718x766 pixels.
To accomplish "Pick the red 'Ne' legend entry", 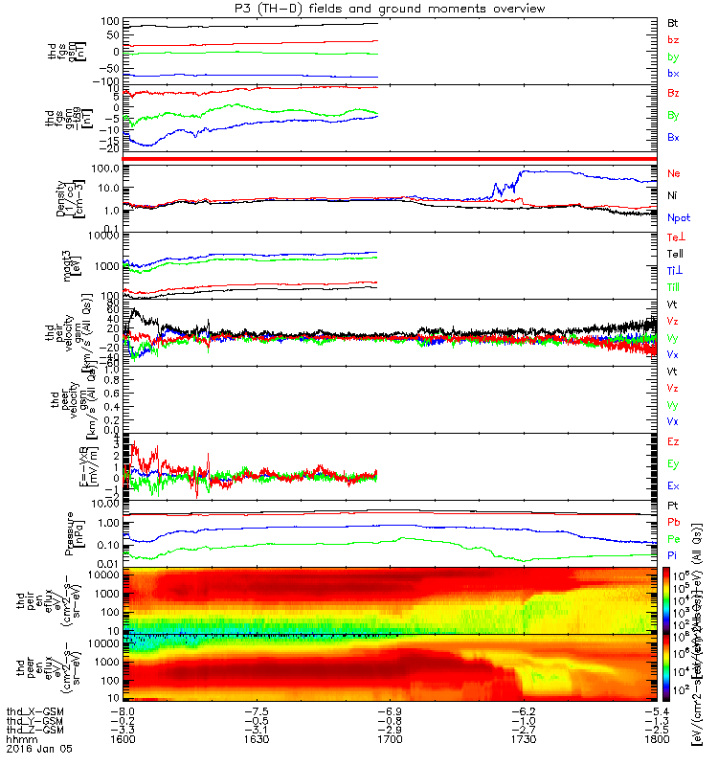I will point(674,173).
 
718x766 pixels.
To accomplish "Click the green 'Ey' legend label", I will point(674,464).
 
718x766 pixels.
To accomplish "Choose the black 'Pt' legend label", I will point(673,505).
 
